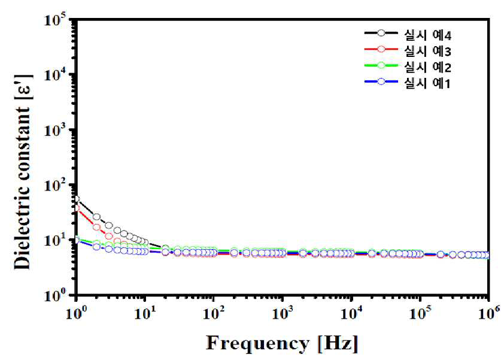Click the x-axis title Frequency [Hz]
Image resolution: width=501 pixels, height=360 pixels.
282,344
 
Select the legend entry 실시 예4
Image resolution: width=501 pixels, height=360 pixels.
427,35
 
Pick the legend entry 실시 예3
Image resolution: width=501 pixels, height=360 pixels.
427,51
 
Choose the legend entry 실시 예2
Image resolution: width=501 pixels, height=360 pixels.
427,67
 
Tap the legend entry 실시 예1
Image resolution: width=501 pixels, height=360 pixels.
427,83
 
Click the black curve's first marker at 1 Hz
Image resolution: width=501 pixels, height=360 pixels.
76,199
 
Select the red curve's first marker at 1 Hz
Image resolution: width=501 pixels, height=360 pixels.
77,208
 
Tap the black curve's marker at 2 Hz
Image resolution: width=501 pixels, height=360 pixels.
96,217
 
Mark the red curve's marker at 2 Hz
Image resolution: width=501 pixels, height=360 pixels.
96,227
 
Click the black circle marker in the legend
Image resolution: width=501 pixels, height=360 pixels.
381,33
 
